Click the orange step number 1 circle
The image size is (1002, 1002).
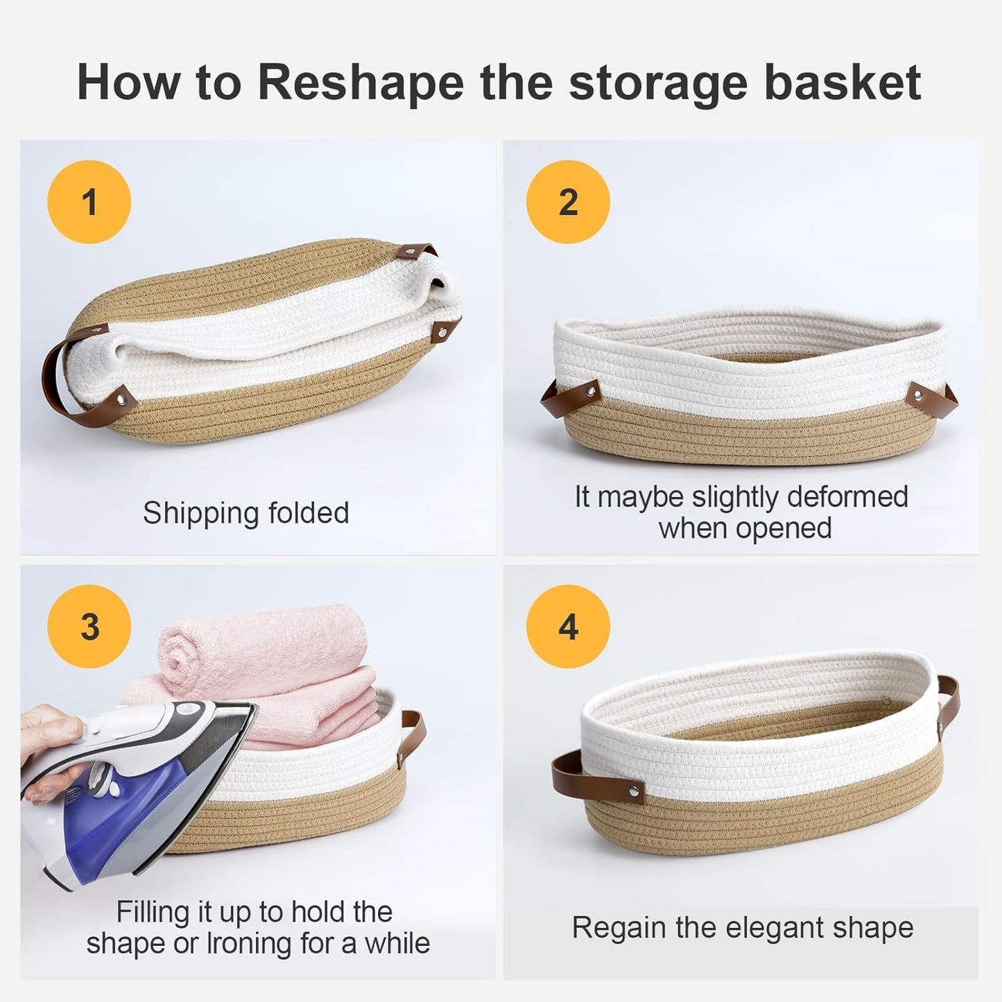click(89, 202)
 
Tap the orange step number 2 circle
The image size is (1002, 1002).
click(568, 202)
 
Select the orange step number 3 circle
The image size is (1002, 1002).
click(89, 626)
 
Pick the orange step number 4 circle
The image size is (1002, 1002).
click(568, 626)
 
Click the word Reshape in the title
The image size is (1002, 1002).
click(361, 83)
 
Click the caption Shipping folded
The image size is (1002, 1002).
click(246, 513)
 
